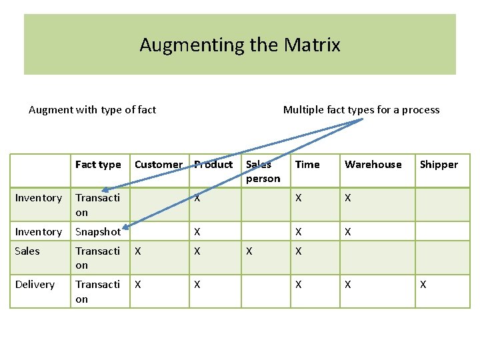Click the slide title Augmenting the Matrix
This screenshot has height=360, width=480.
(x=240, y=45)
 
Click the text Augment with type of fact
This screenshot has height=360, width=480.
(x=92, y=110)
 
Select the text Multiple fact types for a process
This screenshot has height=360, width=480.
(x=361, y=110)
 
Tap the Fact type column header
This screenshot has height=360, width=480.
(x=98, y=165)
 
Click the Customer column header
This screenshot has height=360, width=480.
(x=158, y=165)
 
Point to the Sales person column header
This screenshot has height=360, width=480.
(x=263, y=171)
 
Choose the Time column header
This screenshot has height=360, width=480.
(x=307, y=165)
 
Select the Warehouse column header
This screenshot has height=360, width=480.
(x=373, y=165)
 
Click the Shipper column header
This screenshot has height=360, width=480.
(x=439, y=165)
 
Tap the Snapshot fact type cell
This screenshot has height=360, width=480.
(x=98, y=232)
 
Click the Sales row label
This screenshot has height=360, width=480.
(x=27, y=251)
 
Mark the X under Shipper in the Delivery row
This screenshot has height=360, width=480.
(x=423, y=285)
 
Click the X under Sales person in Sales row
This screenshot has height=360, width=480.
(x=249, y=251)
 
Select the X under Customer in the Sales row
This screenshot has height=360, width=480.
(x=138, y=251)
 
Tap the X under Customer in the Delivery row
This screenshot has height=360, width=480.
(x=138, y=285)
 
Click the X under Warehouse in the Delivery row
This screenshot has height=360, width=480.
(x=347, y=285)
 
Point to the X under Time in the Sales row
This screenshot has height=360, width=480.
(x=299, y=251)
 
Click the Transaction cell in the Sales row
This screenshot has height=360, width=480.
(x=97, y=258)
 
